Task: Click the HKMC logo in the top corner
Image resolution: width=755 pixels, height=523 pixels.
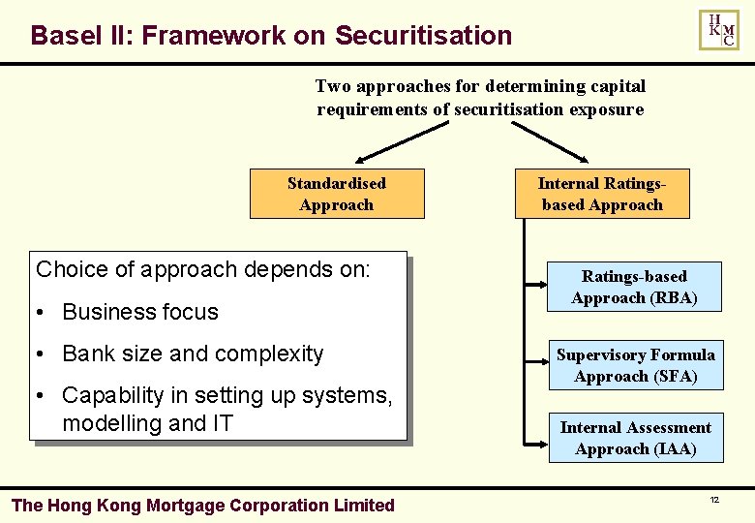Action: (719, 30)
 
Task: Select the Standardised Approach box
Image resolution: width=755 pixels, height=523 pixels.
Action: (337, 194)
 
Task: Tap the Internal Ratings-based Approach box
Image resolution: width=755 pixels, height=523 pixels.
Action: (602, 194)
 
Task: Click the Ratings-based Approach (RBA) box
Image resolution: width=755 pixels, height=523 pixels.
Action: (634, 287)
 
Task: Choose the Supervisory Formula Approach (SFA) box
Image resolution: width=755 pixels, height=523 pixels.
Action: (635, 365)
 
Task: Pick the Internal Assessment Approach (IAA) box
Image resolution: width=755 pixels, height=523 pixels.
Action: (635, 438)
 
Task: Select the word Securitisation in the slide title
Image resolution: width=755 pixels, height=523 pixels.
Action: (423, 36)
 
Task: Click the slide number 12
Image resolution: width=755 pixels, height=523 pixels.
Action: (714, 500)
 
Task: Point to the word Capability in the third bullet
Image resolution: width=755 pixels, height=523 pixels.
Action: (108, 396)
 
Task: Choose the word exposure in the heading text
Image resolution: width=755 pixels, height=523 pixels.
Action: (607, 109)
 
